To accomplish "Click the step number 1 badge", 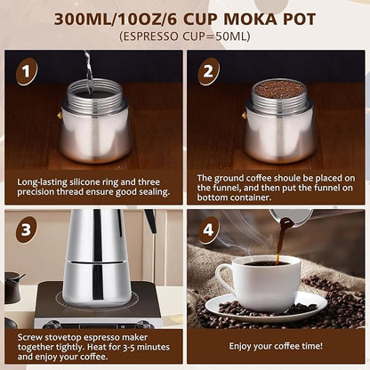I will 27,71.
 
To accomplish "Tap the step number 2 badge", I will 209,71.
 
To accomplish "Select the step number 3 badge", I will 27,230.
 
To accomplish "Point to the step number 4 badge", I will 209,230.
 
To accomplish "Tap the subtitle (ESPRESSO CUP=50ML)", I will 185,37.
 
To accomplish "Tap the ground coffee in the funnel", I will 279,89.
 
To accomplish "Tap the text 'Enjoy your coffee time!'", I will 276,345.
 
